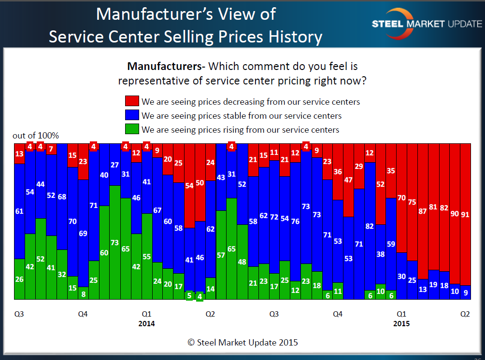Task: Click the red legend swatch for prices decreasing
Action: coord(132,101)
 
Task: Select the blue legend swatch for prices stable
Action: coord(132,116)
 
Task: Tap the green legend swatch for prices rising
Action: coord(132,129)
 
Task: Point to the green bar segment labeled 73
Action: coord(115,242)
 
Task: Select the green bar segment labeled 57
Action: coord(221,255)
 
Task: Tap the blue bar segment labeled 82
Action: coord(370,226)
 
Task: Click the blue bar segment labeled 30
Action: coord(401,276)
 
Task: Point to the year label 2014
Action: coord(146,323)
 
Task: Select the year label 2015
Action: coord(401,323)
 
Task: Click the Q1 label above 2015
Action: coord(401,314)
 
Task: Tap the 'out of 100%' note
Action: coord(36,136)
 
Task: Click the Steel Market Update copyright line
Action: coord(242,343)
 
